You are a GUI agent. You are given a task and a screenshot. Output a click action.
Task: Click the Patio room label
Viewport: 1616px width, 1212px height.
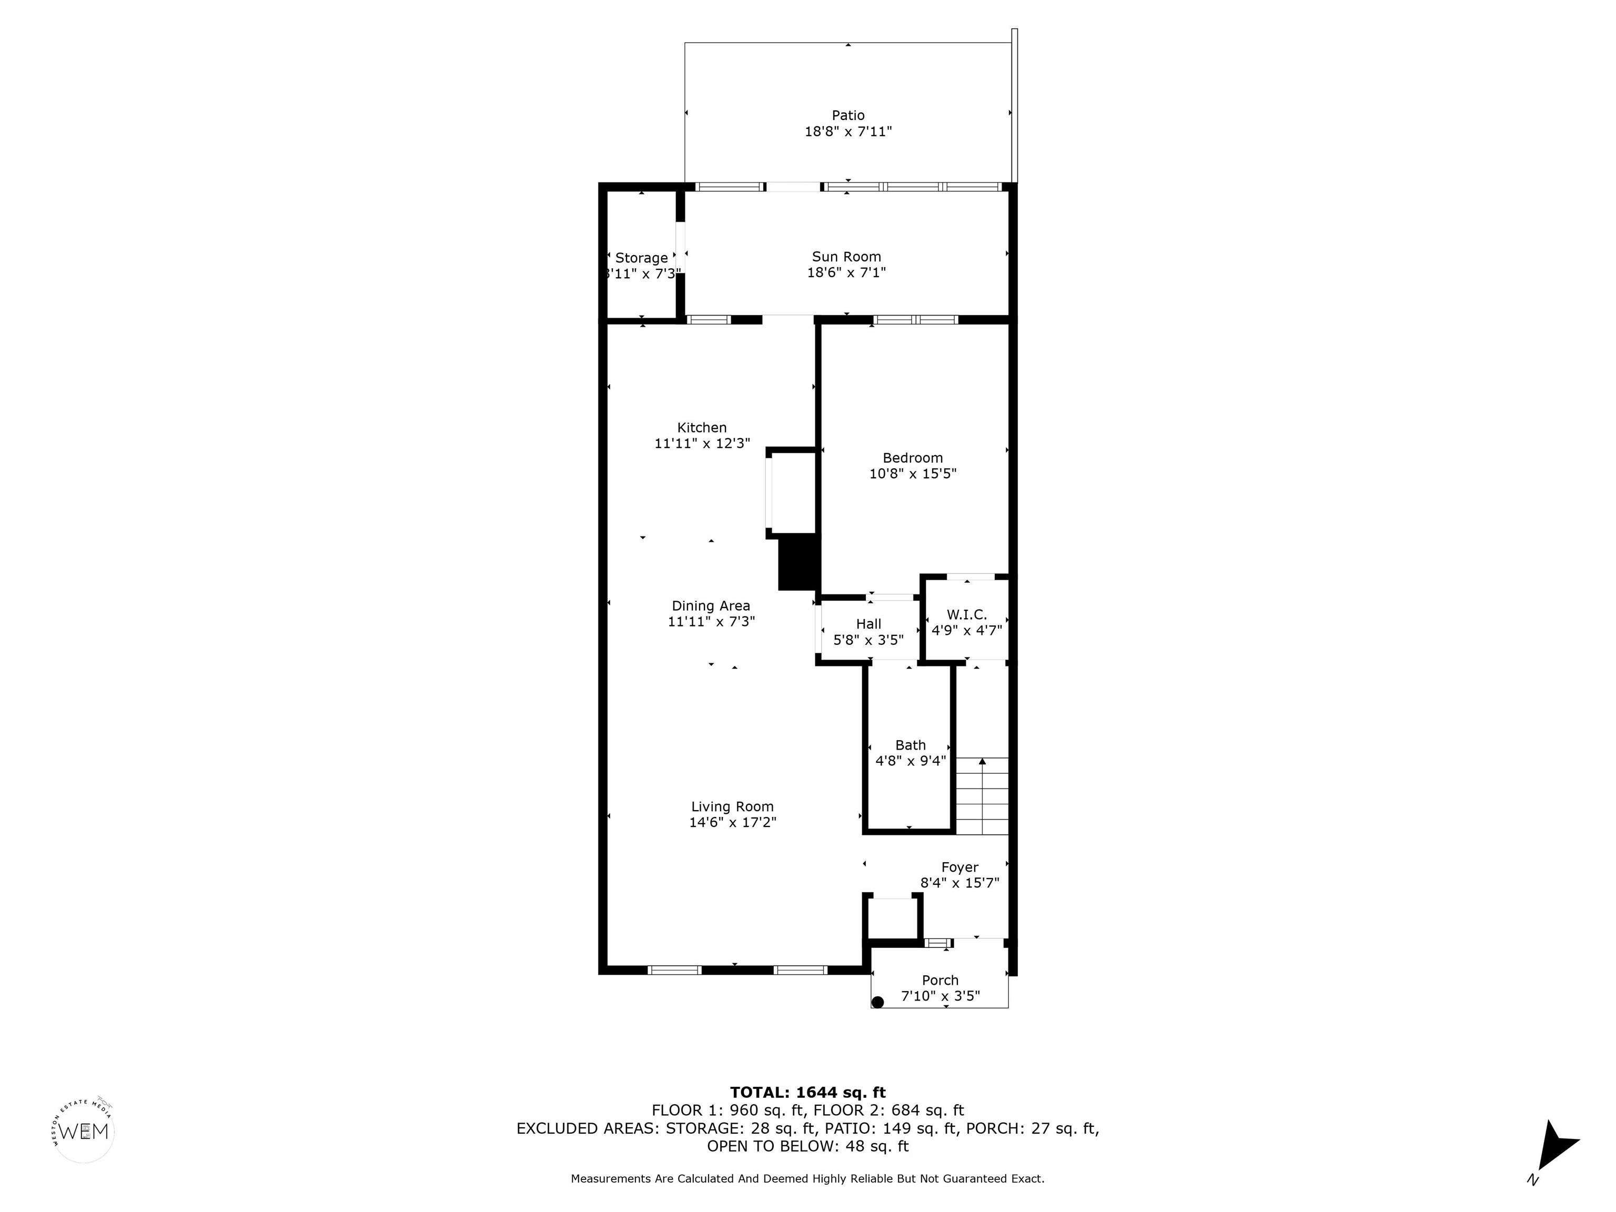point(847,115)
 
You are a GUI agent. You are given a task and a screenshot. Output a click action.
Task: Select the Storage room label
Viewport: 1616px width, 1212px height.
point(641,258)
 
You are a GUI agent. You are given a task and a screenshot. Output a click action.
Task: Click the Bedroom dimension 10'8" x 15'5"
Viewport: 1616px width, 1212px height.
point(913,473)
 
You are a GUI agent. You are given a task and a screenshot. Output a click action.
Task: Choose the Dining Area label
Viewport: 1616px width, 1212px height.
point(711,605)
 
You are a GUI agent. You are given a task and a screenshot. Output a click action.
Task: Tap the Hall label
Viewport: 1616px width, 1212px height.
point(868,624)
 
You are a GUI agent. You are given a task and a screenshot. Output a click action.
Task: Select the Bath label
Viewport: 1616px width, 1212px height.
point(910,745)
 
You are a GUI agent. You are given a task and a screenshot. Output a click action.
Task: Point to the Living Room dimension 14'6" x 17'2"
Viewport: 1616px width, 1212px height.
point(732,822)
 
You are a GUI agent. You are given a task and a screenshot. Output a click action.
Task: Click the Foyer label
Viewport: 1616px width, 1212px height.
point(959,867)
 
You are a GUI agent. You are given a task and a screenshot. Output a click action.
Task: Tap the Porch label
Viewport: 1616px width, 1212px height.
point(940,981)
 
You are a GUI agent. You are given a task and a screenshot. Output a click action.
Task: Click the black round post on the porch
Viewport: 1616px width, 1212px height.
point(878,1002)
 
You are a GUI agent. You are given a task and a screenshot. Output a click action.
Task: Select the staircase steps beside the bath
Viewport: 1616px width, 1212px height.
point(982,796)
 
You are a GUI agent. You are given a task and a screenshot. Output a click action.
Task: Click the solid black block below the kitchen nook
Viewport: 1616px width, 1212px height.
point(797,562)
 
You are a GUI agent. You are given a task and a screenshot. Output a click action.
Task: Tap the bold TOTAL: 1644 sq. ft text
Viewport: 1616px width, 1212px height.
point(807,1092)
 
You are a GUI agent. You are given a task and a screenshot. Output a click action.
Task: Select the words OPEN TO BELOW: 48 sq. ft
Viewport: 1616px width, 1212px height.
point(807,1146)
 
